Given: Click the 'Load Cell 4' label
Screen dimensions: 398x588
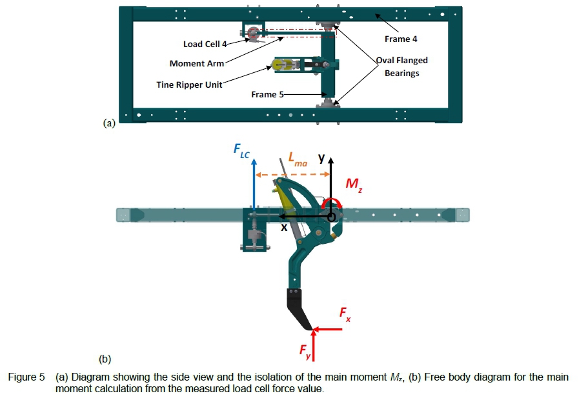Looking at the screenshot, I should pos(205,44).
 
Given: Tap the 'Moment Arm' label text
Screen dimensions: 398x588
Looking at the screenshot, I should pos(197,63).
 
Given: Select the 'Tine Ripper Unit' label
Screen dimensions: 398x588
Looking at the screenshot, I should pos(189,85).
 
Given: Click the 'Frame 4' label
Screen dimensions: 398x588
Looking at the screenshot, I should pos(401,39).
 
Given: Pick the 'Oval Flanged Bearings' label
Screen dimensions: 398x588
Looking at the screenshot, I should pos(402,66).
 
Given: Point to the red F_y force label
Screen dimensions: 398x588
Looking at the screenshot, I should pos(305,351).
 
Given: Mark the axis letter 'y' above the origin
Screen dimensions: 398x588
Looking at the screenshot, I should pos(321,158).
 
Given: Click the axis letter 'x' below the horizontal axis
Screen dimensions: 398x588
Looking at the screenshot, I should pos(283,228).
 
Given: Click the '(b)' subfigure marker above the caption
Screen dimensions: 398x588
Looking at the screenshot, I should pos(105,358).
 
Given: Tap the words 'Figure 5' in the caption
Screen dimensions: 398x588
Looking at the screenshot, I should pos(26,377).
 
